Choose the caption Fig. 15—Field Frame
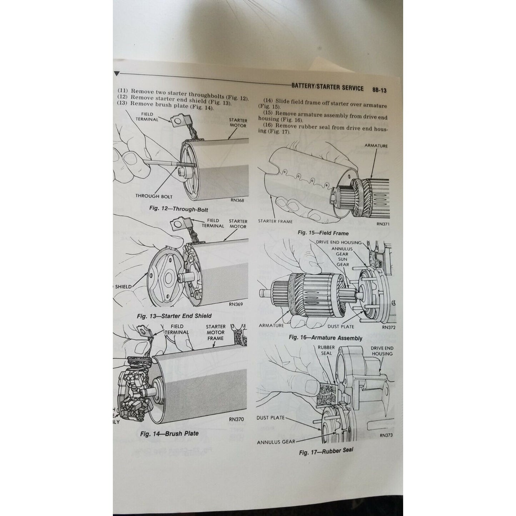[323, 233]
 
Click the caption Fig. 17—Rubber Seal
[326, 451]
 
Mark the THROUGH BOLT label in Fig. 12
[154, 196]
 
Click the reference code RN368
[237, 200]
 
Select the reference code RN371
[382, 224]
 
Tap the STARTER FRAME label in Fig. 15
[275, 221]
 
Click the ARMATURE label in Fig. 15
[376, 146]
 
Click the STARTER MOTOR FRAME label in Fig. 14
[215, 332]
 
